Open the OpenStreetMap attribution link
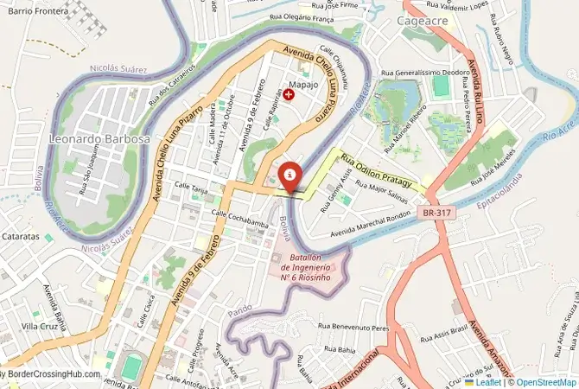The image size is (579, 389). [x=544, y=381]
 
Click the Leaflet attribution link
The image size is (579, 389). [x=487, y=381]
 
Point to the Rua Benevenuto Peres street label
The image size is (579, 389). [x=354, y=328]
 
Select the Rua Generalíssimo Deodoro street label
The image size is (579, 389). [x=425, y=73]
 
